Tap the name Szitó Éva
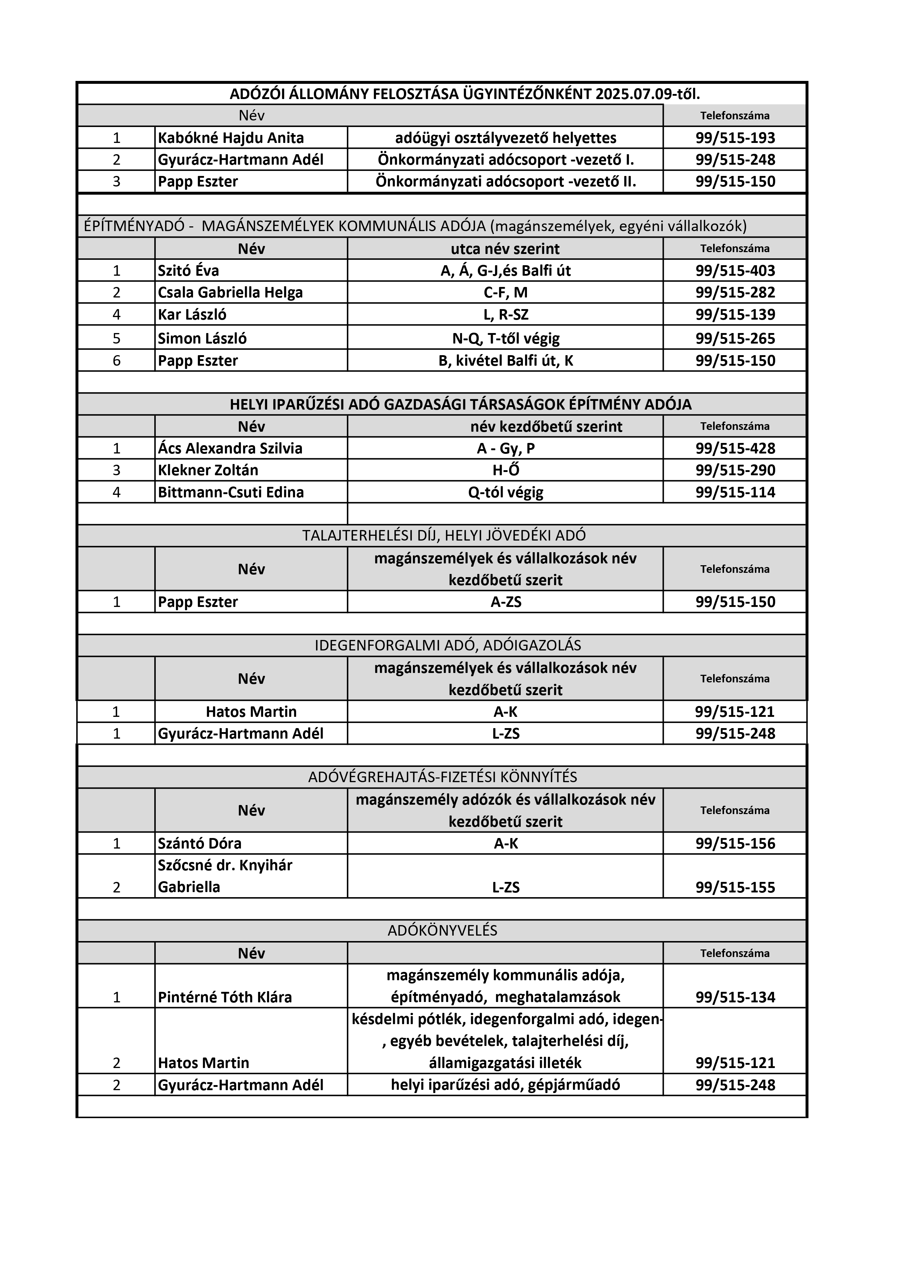(x=189, y=271)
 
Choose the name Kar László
(x=192, y=315)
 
